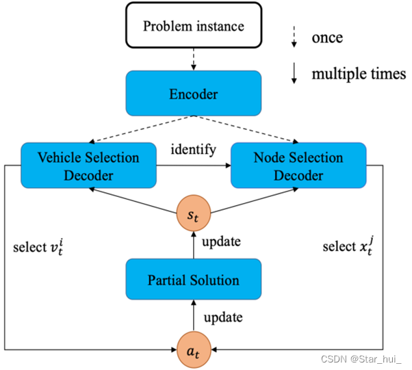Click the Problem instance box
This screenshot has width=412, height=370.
[193, 27]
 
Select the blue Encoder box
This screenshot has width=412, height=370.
[193, 93]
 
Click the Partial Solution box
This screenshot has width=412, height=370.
[193, 280]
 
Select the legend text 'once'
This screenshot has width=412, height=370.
[327, 37]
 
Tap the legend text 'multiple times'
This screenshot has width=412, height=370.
[359, 74]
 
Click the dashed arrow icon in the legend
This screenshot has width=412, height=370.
[294, 37]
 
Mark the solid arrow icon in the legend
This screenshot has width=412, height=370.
[294, 74]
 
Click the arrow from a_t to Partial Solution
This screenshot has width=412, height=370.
[194, 315]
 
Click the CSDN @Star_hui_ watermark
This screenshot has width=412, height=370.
[363, 358]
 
